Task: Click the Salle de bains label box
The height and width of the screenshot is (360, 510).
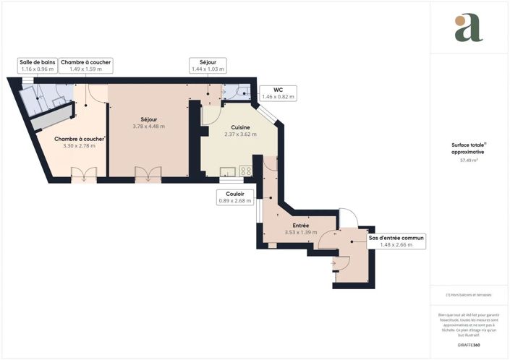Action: (x=38, y=66)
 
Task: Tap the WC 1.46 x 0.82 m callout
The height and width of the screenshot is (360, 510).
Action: (x=278, y=93)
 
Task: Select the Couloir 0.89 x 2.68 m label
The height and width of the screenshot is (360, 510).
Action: (x=235, y=197)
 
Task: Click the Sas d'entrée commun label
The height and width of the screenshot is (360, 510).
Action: (x=396, y=241)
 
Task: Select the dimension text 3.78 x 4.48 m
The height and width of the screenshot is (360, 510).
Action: (x=148, y=127)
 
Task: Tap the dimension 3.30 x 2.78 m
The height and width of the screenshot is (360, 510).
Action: (x=80, y=146)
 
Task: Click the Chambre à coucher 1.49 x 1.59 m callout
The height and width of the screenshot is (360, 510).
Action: (x=85, y=66)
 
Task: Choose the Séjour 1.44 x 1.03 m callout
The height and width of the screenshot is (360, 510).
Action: (x=208, y=66)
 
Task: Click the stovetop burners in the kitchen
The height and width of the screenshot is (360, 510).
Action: (x=245, y=171)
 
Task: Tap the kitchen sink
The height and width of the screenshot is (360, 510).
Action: (x=228, y=171)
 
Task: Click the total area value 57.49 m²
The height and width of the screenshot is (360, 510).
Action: (x=468, y=160)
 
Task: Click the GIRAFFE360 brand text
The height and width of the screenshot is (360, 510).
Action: (x=468, y=346)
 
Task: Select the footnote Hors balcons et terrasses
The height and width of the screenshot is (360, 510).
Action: (x=468, y=295)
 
